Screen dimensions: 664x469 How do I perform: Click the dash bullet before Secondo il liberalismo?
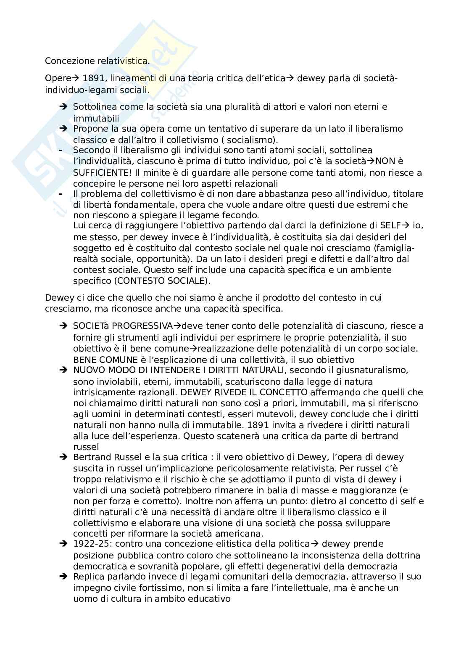pos(61,150)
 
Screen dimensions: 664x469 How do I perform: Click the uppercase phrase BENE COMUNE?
pos(105,360)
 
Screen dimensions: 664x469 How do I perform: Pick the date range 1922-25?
pos(89,544)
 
